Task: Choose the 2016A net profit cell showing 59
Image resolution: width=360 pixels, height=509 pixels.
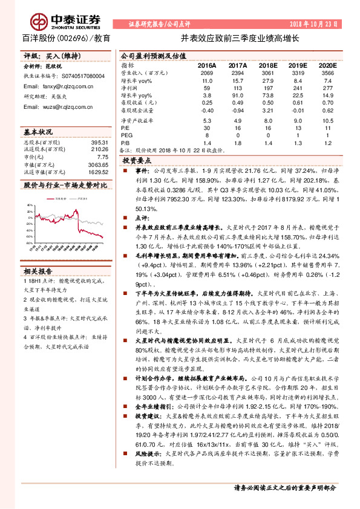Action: point(208,87)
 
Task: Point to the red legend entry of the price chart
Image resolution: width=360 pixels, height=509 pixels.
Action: point(57,196)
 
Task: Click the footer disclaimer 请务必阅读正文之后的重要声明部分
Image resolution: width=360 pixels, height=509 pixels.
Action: point(284,487)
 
